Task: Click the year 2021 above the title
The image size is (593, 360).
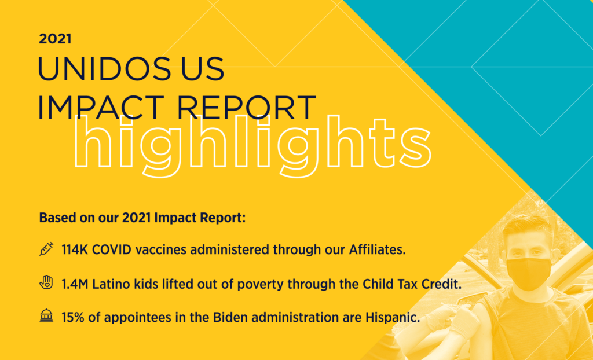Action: [x=55, y=39]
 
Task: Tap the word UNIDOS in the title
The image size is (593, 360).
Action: [x=104, y=69]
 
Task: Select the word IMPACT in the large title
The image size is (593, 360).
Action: [x=101, y=107]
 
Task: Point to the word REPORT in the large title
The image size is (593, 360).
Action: [x=246, y=107]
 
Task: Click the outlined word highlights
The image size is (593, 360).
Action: [x=252, y=146]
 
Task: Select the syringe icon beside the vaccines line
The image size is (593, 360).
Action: [x=46, y=249]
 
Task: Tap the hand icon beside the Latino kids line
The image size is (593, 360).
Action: [x=46, y=282]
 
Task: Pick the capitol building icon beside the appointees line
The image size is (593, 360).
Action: [x=46, y=316]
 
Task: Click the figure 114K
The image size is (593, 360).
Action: [x=75, y=249]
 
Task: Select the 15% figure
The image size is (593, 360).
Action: [x=72, y=317]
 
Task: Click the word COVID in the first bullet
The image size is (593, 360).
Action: [x=112, y=249]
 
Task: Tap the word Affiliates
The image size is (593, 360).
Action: [x=377, y=249]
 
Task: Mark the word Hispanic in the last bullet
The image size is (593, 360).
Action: [x=393, y=317]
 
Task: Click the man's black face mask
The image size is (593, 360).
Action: [x=528, y=274]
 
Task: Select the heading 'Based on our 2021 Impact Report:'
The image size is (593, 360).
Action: [x=142, y=218]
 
